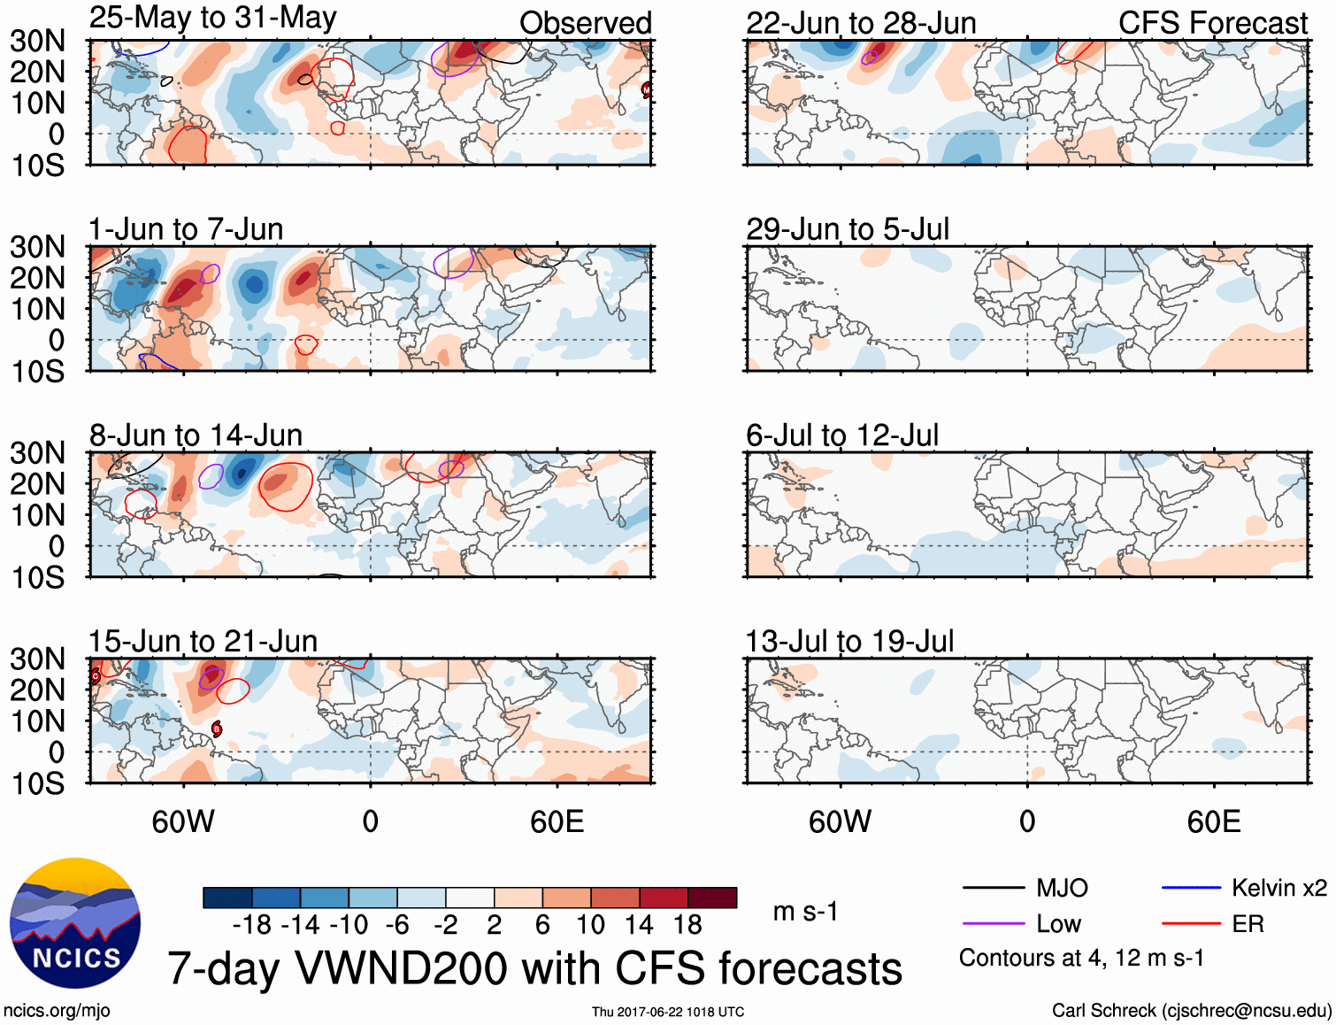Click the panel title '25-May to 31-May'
(x=212, y=19)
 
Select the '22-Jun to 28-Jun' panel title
(x=861, y=23)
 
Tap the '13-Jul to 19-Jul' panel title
(x=849, y=641)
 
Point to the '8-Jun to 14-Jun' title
(x=196, y=435)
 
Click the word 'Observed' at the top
(x=585, y=23)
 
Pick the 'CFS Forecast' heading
(x=1212, y=23)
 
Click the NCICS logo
(x=75, y=923)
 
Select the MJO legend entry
(x=1062, y=888)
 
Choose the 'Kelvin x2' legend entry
(x=1278, y=888)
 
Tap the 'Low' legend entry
(x=1058, y=924)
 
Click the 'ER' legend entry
(x=1248, y=924)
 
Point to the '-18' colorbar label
(x=252, y=925)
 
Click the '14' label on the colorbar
(x=638, y=925)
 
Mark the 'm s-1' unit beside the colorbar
(x=805, y=912)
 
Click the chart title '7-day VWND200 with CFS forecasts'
(x=534, y=968)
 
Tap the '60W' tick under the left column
(x=183, y=821)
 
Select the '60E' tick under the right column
(x=1213, y=821)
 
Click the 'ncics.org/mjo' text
(x=57, y=1011)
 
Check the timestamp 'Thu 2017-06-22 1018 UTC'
(x=668, y=1012)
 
